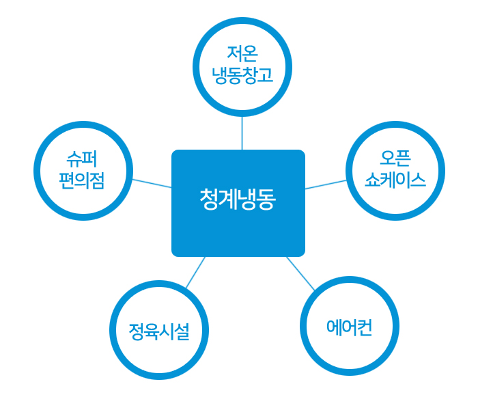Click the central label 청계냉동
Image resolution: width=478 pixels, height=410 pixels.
238,200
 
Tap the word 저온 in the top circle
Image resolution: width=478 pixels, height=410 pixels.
242,54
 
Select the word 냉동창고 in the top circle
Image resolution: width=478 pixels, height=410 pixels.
242,75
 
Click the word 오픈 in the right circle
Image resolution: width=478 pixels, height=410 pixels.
395,159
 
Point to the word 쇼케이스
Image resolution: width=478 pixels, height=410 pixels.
395,180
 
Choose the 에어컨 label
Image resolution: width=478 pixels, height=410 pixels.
350,327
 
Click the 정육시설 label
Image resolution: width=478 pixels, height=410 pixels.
159,331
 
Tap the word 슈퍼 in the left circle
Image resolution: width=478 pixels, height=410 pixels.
82,159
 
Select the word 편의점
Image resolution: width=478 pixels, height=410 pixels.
82,180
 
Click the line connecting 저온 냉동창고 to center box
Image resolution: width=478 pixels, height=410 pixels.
242,133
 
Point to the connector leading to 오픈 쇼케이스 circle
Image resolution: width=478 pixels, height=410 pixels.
326,184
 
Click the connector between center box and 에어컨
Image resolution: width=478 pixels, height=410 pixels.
300,273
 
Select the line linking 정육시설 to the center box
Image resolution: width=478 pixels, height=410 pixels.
196,272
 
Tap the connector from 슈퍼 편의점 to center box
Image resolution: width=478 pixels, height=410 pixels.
152,183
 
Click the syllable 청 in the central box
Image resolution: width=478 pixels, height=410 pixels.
209,200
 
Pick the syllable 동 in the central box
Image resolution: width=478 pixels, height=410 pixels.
266,200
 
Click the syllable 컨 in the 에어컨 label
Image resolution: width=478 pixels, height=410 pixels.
365,327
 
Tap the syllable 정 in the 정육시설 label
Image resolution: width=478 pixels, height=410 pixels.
137,331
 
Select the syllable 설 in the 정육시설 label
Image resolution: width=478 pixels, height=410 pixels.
182,332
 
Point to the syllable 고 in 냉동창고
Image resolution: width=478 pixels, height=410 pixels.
266,75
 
